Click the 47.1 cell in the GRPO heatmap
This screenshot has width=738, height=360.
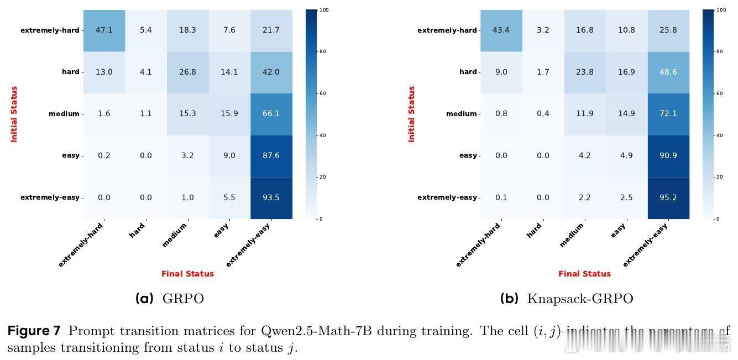(104, 30)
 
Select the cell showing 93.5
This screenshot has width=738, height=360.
(271, 197)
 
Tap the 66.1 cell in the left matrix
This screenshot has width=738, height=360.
(271, 113)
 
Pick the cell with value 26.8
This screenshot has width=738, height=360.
(187, 72)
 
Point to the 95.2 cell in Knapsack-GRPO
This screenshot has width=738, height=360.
(668, 197)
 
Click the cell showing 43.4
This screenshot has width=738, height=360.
(501, 30)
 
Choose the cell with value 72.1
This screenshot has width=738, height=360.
(668, 113)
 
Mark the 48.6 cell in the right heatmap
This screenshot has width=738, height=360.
(668, 72)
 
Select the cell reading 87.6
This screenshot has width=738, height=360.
(271, 155)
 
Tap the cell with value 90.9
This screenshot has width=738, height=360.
(668, 155)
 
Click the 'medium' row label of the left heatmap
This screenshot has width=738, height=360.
(64, 114)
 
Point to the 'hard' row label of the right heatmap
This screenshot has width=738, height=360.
(468, 72)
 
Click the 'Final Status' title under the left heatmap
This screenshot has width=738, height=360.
(187, 274)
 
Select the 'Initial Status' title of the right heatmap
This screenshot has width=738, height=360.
(411, 114)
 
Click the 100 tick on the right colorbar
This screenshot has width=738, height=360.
(720, 10)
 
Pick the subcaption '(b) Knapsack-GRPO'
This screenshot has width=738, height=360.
(567, 299)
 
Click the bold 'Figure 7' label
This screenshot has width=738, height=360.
(34, 331)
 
